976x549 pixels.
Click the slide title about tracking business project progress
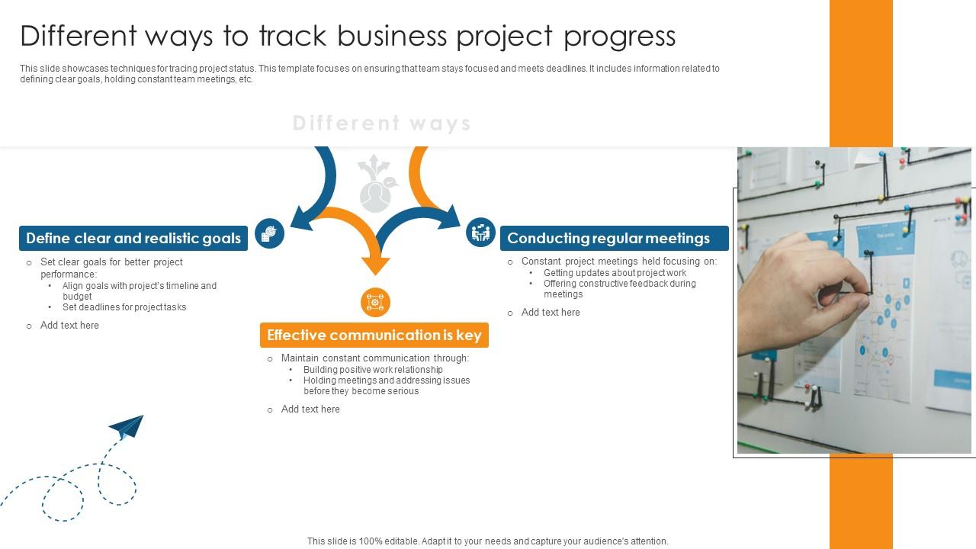pyautogui.click(x=348, y=36)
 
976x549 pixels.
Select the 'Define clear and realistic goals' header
pyautogui.click(x=133, y=238)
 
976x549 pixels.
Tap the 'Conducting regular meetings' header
pyautogui.click(x=608, y=238)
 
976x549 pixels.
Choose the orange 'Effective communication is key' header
pyautogui.click(x=374, y=335)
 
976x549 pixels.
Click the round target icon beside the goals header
pyautogui.click(x=269, y=233)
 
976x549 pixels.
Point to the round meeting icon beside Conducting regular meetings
pyautogui.click(x=480, y=232)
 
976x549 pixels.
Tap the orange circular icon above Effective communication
pyautogui.click(x=375, y=303)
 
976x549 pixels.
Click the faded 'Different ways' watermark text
pyautogui.click(x=381, y=124)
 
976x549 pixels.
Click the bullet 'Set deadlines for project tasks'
pyautogui.click(x=124, y=307)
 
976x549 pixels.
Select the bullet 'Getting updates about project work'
pyautogui.click(x=615, y=273)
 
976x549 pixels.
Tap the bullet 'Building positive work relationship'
pyautogui.click(x=373, y=370)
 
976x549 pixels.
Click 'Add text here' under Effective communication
pyautogui.click(x=310, y=409)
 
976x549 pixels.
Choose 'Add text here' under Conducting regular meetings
pyautogui.click(x=551, y=313)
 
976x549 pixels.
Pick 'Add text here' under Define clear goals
pyautogui.click(x=69, y=326)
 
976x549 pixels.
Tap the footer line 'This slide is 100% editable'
pyautogui.click(x=488, y=541)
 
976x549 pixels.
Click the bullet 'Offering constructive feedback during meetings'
pyautogui.click(x=619, y=288)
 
